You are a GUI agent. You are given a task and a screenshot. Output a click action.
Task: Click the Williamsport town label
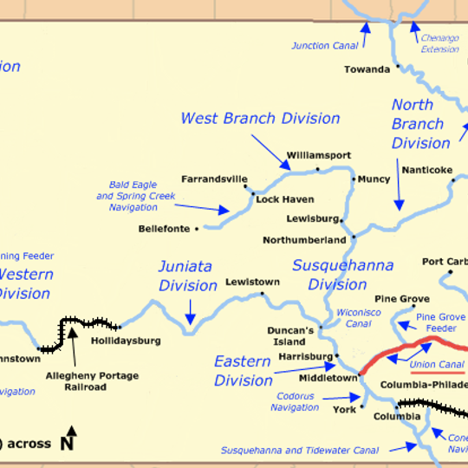point(318,154)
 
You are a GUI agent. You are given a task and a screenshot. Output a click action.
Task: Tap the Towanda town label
point(367,69)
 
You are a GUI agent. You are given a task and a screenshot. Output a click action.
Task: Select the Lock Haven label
point(284,199)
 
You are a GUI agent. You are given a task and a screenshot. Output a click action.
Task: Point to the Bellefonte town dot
point(198,229)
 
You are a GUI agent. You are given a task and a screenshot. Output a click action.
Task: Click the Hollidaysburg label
point(126,341)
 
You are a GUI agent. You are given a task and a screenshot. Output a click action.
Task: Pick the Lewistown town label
point(252,282)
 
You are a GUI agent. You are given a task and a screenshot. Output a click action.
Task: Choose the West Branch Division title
point(260,118)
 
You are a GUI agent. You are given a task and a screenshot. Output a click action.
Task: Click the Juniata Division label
point(187,276)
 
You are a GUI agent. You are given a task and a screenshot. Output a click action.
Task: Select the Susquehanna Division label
point(342,275)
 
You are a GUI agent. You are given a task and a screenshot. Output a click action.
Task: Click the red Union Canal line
point(399,352)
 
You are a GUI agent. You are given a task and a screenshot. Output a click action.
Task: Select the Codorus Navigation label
point(295,401)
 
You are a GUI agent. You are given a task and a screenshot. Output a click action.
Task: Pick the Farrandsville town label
point(214,179)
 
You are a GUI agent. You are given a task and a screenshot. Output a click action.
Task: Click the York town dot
point(356,408)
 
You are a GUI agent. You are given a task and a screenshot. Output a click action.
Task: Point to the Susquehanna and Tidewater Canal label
point(299,451)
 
